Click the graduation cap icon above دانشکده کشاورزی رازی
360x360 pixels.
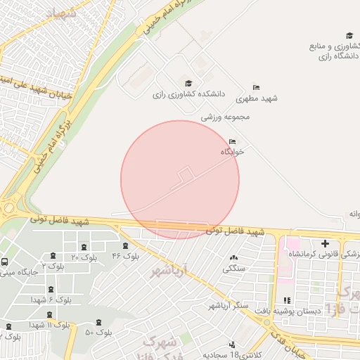(x=187, y=84)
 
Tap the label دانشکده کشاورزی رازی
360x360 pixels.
(x=188, y=94)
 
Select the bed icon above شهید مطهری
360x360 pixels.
(x=256, y=88)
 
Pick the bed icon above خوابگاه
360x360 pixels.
(x=233, y=141)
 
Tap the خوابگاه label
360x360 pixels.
(x=232, y=151)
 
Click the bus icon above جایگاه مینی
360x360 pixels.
(x=6, y=261)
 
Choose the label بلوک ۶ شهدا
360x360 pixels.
(x=51, y=300)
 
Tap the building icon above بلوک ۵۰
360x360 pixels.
(x=99, y=322)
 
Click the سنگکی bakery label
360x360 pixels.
(x=234, y=269)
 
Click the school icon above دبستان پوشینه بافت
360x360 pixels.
(x=286, y=301)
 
